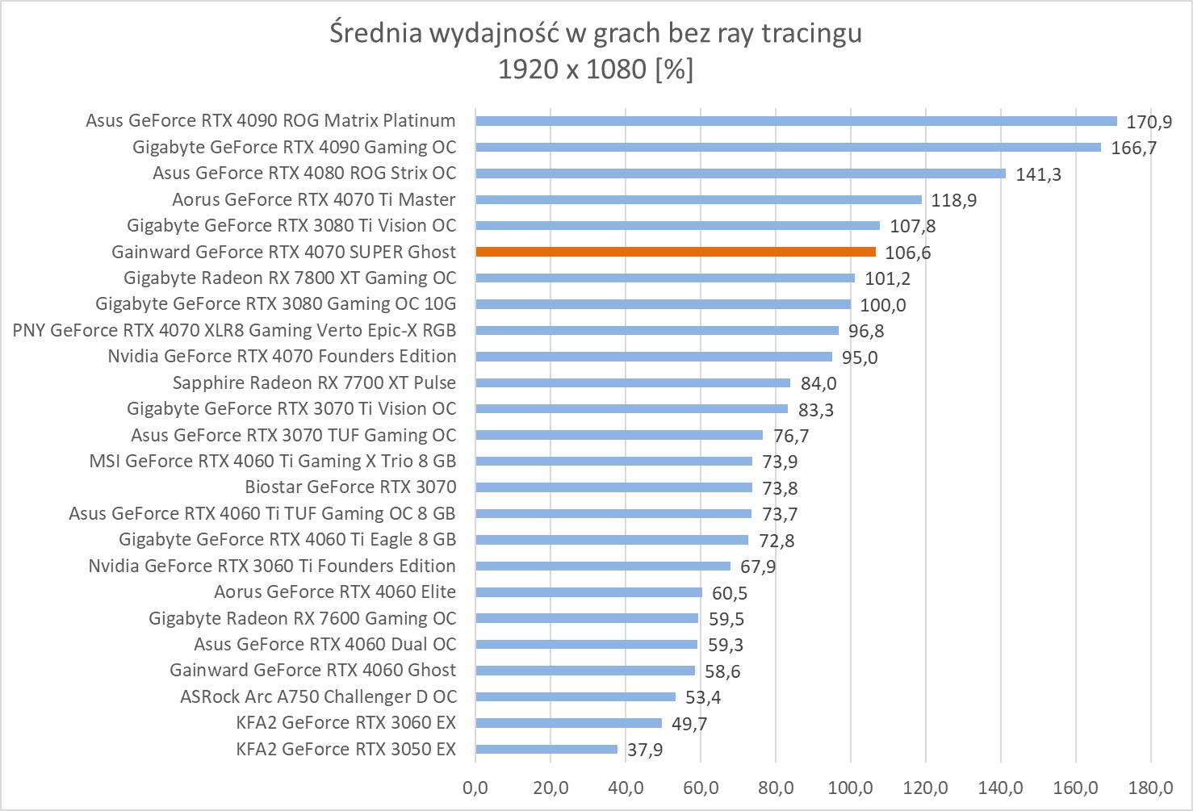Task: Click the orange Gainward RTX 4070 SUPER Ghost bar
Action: point(676,252)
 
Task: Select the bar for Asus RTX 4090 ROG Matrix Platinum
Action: point(796,121)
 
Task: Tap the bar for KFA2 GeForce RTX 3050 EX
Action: point(546,749)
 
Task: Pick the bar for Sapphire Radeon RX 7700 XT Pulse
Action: point(633,383)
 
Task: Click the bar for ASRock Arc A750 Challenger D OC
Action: point(576,696)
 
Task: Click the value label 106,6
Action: point(907,253)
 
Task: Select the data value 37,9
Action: point(645,750)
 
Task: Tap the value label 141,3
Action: point(1038,174)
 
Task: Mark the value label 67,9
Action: point(758,567)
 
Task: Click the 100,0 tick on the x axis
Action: point(851,787)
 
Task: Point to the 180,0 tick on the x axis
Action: point(1151,787)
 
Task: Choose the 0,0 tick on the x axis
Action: point(475,787)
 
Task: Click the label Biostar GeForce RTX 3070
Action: point(350,487)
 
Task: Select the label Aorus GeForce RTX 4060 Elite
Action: point(335,592)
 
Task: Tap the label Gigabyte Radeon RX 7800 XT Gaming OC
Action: point(290,278)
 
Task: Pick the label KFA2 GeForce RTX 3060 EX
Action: point(346,722)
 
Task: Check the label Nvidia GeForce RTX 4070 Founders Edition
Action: point(282,356)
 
